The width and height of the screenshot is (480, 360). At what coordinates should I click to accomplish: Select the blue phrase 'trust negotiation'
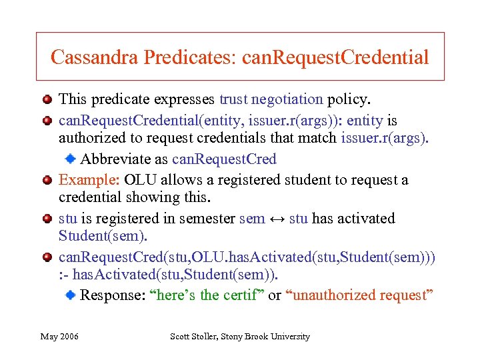[x=271, y=99]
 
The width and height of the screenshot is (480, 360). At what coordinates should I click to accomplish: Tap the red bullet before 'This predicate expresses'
[x=47, y=100]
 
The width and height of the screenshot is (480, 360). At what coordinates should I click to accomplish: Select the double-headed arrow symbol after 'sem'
[x=277, y=219]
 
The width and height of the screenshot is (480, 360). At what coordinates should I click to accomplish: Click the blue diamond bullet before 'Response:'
[x=69, y=295]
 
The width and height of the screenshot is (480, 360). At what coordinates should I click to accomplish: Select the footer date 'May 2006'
[x=59, y=337]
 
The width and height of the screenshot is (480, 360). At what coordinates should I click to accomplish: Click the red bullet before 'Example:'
[x=47, y=180]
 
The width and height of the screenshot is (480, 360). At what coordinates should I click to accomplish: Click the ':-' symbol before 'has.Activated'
[x=64, y=275]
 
